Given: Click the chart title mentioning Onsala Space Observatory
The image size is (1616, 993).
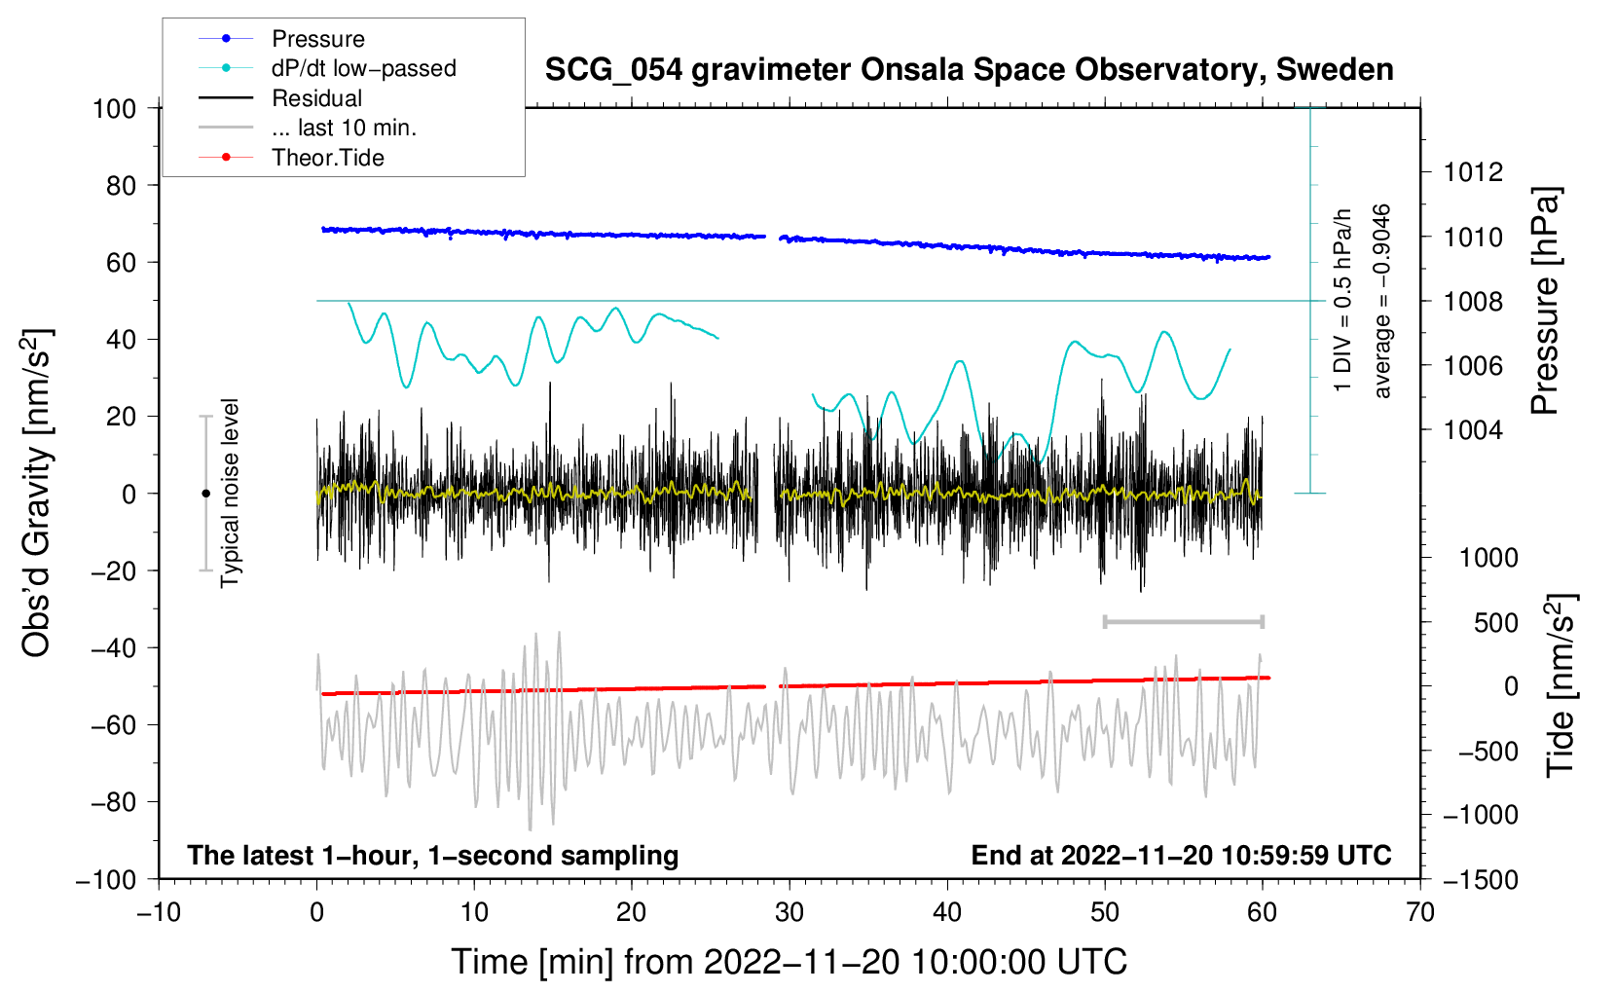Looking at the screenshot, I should click(x=969, y=70).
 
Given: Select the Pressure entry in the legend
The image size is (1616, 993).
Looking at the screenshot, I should click(x=317, y=39).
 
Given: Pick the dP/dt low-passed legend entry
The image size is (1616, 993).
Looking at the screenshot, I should click(x=363, y=68).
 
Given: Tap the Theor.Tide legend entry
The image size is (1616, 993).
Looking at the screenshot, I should click(x=327, y=158).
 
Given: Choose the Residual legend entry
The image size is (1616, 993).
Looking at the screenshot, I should click(x=316, y=98).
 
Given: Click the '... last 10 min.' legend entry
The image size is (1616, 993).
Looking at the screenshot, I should click(x=344, y=128).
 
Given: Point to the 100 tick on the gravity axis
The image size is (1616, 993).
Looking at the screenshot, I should click(x=114, y=108).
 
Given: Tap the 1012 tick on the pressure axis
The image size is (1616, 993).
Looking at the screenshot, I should click(x=1473, y=172).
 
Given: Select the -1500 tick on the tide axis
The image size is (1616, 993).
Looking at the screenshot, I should click(x=1480, y=879).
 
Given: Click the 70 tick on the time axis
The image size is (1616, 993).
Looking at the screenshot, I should click(x=1420, y=912).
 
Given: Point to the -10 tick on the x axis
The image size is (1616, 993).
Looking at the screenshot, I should click(x=159, y=912).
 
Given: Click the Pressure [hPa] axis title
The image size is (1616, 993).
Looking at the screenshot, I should click(x=1546, y=302).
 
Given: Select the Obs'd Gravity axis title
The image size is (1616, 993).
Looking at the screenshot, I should click(x=37, y=494).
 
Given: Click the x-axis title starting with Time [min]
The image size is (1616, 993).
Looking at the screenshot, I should click(x=789, y=962).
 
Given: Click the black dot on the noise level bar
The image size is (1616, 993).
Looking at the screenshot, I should click(x=205, y=494).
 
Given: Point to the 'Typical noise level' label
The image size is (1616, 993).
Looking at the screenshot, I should click(x=230, y=494).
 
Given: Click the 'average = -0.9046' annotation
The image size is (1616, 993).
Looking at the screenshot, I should click(x=1382, y=302).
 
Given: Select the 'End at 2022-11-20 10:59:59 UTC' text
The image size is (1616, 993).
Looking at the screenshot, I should click(x=1181, y=855).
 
